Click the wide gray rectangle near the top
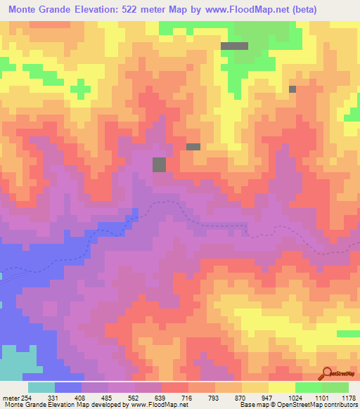tap(234, 46)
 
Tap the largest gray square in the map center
tap(160, 164)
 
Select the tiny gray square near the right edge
tap(292, 89)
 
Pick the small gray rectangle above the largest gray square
tap(193, 146)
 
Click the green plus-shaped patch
tap(82, 89)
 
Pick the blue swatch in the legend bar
tap(68, 387)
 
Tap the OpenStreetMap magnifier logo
tap(328, 373)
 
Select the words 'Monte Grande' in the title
tap(39, 9)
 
